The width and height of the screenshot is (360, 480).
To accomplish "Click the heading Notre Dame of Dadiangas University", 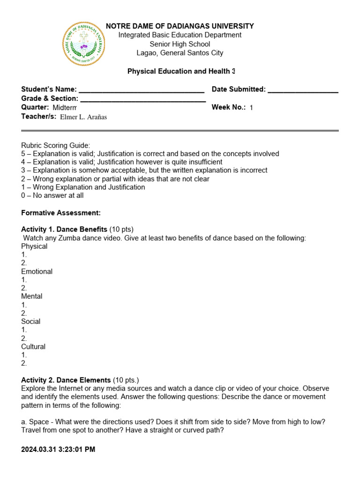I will point(180,26).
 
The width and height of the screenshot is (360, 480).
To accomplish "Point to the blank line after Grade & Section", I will point(143,99).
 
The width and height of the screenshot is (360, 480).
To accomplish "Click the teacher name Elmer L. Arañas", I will point(83,117).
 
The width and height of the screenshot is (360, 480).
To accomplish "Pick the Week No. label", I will point(228,107).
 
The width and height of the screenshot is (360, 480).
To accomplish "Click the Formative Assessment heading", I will point(61,213).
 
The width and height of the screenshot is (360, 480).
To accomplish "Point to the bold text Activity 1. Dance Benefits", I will point(64,229).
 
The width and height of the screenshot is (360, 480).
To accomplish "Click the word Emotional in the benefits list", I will point(37,271).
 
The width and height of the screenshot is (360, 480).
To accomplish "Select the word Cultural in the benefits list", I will point(33,347).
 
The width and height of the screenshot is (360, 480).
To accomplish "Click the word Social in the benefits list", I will point(30,322).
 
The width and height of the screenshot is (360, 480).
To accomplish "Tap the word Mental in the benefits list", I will point(31,296).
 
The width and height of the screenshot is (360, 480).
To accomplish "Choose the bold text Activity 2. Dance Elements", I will point(66,380).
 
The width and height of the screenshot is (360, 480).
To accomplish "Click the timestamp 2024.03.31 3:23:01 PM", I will point(58,450).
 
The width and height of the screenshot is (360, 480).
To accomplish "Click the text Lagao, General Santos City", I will point(180,53).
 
